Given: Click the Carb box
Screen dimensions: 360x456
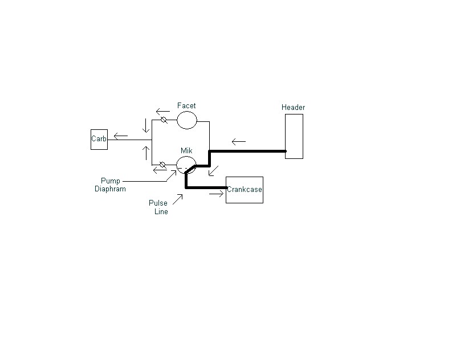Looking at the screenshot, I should click(x=99, y=140).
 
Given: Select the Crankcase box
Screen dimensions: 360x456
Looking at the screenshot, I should click(x=245, y=190).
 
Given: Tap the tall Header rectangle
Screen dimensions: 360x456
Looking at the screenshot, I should click(x=294, y=136).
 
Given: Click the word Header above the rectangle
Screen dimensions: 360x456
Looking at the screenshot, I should click(x=294, y=107).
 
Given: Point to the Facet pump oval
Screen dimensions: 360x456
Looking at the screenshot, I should click(x=186, y=120).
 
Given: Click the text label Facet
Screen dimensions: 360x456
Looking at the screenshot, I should click(x=186, y=106).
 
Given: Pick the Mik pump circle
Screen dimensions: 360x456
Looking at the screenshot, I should click(x=186, y=165).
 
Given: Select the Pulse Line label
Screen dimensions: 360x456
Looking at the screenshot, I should click(x=158, y=207).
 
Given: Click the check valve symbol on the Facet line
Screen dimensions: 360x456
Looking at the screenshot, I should click(x=163, y=120).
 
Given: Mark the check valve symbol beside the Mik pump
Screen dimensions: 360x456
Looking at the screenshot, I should click(x=163, y=165).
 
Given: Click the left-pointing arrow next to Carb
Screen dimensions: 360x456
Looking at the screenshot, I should click(x=120, y=136).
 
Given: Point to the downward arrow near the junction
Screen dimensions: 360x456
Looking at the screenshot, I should click(x=145, y=125).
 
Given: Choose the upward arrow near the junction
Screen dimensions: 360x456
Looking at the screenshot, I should click(x=145, y=153).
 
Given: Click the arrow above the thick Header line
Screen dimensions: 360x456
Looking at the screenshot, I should click(x=238, y=141).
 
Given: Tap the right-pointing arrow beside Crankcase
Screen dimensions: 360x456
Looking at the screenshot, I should click(x=215, y=194).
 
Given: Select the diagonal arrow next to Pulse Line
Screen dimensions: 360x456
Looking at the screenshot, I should click(x=178, y=198).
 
